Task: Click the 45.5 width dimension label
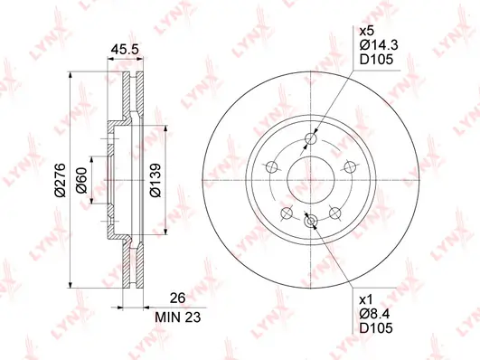tap(125, 49)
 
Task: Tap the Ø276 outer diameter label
tap(60, 180)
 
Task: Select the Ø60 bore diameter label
tap(81, 180)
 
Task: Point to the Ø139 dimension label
tap(155, 180)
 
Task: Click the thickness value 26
tap(178, 298)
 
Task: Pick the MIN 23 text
tap(178, 317)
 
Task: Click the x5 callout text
tap(367, 31)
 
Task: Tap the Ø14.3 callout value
tap(379, 45)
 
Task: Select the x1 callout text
tap(366, 299)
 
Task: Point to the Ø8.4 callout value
tap(375, 314)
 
